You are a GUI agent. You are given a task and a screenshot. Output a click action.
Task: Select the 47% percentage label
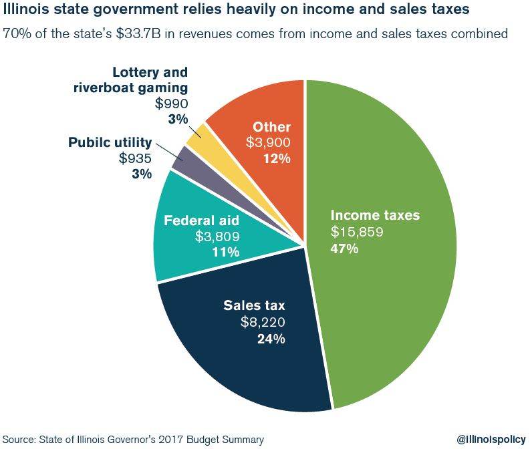345,249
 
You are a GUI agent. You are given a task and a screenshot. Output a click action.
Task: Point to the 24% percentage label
271,339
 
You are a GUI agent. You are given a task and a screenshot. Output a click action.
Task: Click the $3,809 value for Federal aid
217,236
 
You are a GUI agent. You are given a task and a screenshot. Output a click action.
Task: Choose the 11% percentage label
226,252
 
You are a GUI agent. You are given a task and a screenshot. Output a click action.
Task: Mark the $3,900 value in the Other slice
269,142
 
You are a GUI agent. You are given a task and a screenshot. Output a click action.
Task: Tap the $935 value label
135,158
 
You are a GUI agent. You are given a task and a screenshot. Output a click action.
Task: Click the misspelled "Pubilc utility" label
110,142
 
